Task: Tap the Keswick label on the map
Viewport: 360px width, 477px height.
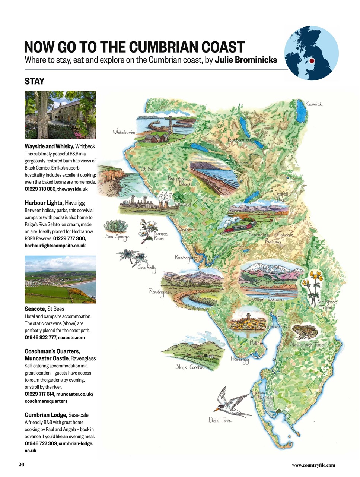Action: point(313,104)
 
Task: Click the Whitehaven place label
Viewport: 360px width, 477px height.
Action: point(124,132)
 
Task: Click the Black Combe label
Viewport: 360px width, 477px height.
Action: point(189,367)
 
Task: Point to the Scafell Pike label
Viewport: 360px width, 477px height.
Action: point(281,196)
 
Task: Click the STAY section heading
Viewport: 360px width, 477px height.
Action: point(35,81)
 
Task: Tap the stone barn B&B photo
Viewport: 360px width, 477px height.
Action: point(60,115)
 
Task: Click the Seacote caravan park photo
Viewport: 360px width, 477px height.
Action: point(60,279)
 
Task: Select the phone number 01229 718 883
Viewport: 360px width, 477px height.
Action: point(40,189)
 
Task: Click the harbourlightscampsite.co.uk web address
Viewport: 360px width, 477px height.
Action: point(55,246)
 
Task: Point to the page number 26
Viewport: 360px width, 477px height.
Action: point(21,464)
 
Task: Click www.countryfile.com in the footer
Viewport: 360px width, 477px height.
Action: point(313,465)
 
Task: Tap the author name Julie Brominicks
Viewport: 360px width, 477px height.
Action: point(246,60)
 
